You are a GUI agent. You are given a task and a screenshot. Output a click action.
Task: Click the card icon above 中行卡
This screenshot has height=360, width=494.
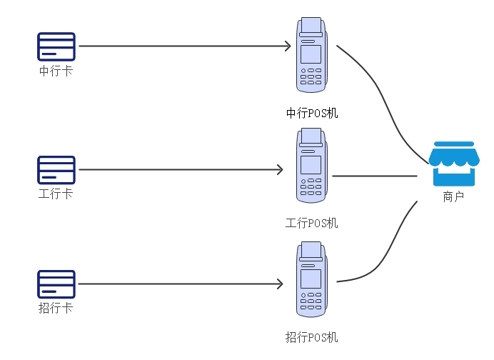56,46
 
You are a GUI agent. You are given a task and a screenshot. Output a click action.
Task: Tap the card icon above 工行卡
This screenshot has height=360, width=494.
56,169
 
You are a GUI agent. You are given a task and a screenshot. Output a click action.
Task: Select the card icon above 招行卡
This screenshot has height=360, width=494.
56,284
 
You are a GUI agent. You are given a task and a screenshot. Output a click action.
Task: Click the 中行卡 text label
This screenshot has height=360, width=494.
56,71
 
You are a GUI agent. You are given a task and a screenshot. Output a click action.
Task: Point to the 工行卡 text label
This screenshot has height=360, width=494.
56,194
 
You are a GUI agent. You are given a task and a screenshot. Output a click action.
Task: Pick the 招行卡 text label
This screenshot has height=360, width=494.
56,309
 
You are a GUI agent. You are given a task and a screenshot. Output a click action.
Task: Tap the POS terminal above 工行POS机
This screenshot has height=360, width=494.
311,166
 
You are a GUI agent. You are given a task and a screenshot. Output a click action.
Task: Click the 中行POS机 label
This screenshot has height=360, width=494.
312,112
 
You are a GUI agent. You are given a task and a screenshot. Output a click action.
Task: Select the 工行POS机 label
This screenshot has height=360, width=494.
312,223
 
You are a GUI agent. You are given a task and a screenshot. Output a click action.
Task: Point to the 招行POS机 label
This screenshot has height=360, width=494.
312,336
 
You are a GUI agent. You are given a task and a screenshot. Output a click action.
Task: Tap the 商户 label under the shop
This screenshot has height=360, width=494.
453,196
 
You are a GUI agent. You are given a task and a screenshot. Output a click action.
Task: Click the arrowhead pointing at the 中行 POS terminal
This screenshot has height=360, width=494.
288,46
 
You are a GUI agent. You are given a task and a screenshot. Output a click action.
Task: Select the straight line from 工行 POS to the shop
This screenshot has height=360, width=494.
375,176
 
